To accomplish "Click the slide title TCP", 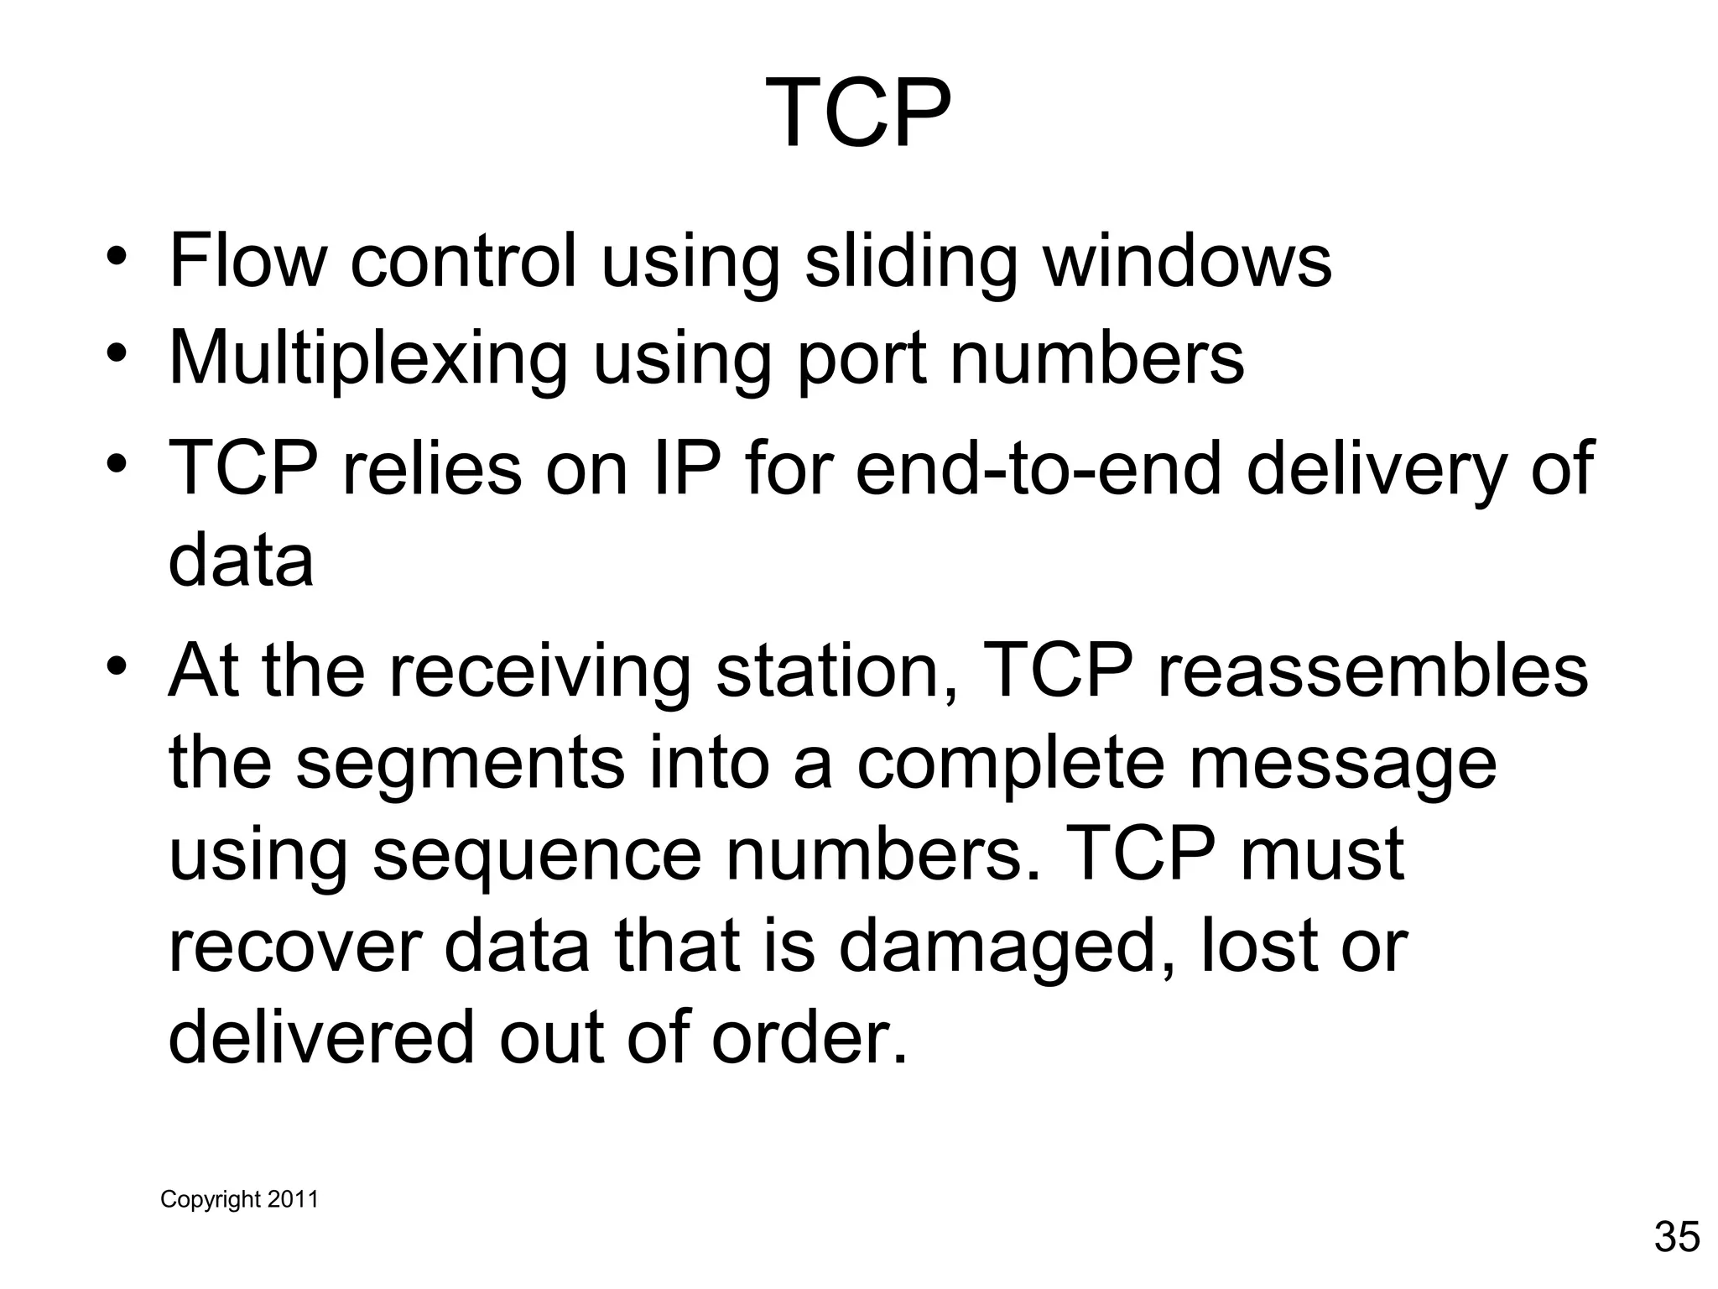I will click(858, 113).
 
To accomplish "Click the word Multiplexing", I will click(368, 358).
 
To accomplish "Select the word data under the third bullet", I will click(241, 561).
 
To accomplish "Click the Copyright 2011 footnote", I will click(239, 1199).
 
